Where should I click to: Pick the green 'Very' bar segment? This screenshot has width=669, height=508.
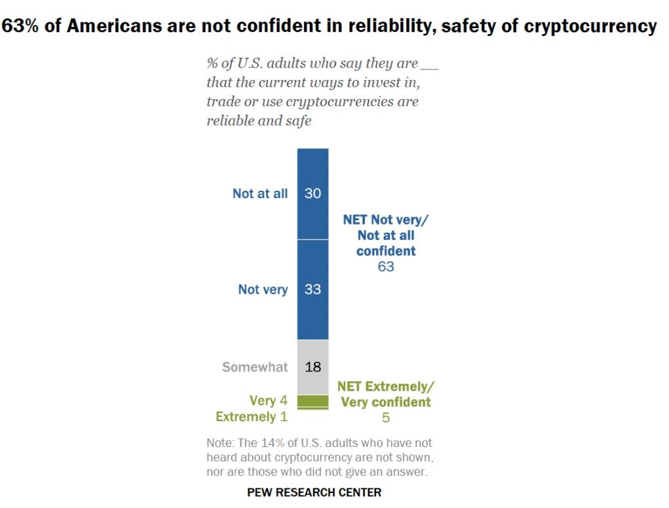[x=313, y=401]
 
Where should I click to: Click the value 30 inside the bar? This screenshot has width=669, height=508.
[x=313, y=194]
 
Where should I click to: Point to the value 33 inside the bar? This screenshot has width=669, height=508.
[x=313, y=289]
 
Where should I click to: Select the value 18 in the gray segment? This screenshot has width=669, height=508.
[x=313, y=367]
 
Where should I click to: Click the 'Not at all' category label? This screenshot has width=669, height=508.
[x=260, y=194]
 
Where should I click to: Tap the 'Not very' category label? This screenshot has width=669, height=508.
[x=263, y=289]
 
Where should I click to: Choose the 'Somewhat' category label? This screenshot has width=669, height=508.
[x=255, y=367]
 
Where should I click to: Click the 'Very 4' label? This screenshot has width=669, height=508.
[x=269, y=401]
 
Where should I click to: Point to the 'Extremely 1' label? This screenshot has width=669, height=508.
[x=252, y=417]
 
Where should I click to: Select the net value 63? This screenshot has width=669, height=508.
[x=385, y=267]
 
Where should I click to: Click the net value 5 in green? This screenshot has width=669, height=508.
[x=385, y=418]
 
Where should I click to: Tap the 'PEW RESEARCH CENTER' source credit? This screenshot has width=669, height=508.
[x=314, y=492]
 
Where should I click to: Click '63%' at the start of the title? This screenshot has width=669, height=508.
[x=24, y=26]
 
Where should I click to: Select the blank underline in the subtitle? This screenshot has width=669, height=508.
[x=429, y=66]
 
